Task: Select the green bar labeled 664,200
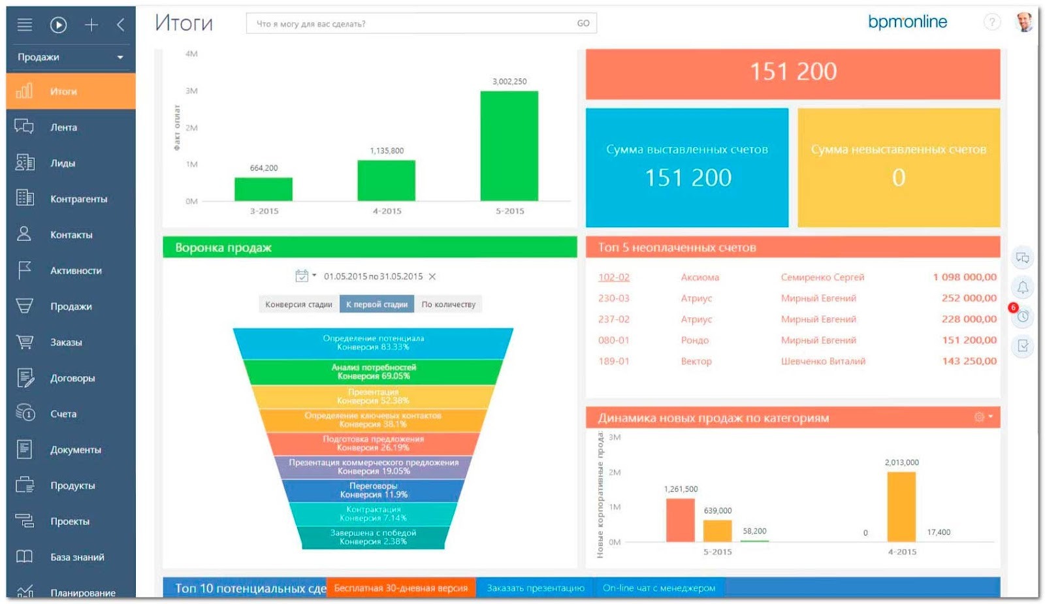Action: pyautogui.click(x=263, y=189)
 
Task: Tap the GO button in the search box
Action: pyautogui.click(x=583, y=24)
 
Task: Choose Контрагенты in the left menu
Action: pyautogui.click(x=78, y=199)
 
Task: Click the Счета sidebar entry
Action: pyautogui.click(x=63, y=414)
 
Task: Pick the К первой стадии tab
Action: pyautogui.click(x=377, y=304)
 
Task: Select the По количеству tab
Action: pyautogui.click(x=449, y=304)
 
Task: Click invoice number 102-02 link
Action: pyautogui.click(x=614, y=277)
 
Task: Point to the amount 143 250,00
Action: pyautogui.click(x=969, y=361)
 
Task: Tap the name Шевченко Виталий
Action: pyautogui.click(x=823, y=361)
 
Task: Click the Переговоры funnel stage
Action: pyautogui.click(x=373, y=490)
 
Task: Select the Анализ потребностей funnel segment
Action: pyautogui.click(x=373, y=372)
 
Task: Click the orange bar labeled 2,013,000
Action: pyautogui.click(x=901, y=507)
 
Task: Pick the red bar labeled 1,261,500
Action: pyautogui.click(x=680, y=520)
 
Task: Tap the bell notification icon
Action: pyautogui.click(x=1023, y=287)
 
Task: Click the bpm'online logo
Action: pyautogui.click(x=907, y=22)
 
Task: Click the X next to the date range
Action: pyautogui.click(x=432, y=277)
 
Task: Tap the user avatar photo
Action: pyautogui.click(x=1024, y=22)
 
